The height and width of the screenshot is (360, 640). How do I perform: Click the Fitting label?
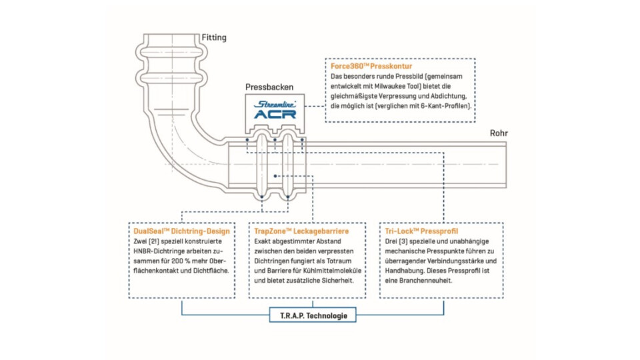(x=214, y=38)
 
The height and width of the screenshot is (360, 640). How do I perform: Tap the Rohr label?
(x=499, y=133)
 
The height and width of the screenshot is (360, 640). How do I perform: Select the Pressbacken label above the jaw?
(x=266, y=87)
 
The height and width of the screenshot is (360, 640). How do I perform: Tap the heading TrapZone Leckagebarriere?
(x=301, y=231)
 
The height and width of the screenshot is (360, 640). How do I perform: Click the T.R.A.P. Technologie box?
(x=313, y=315)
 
